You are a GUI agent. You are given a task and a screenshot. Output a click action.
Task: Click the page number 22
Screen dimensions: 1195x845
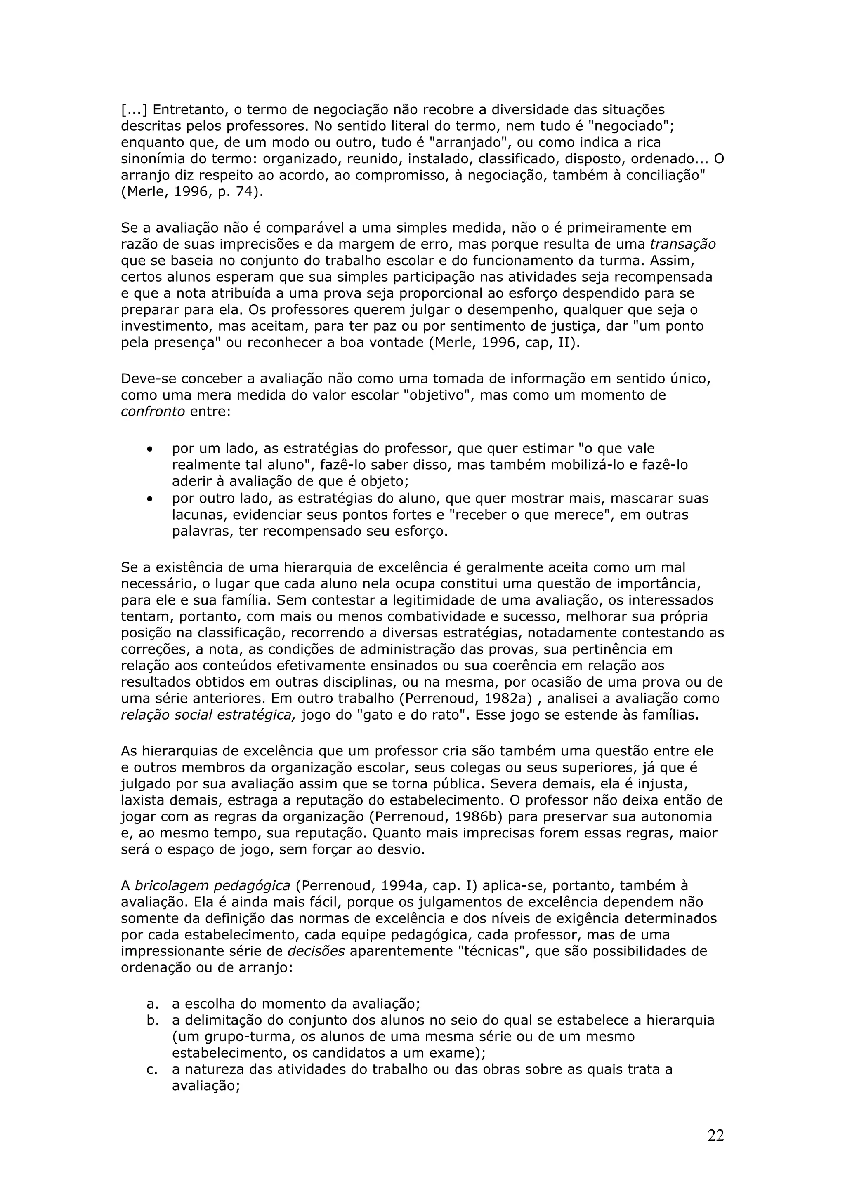(x=715, y=1136)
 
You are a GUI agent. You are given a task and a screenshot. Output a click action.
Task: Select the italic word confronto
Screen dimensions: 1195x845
(x=153, y=412)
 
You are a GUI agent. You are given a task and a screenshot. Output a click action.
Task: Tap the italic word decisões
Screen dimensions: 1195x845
(x=316, y=951)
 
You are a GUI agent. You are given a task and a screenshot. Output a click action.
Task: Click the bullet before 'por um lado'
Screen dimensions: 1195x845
(x=150, y=449)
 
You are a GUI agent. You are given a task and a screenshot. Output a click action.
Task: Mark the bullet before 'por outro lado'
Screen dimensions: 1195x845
(x=150, y=499)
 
